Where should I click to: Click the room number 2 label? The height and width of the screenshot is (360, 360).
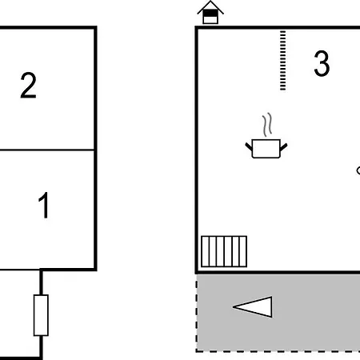click(x=28, y=86)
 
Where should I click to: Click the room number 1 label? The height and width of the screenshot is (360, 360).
click(x=44, y=205)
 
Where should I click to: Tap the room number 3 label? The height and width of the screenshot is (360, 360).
click(x=322, y=63)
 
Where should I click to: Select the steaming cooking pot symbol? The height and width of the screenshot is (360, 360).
click(x=266, y=136)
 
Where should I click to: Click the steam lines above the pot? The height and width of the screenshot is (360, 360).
click(x=267, y=125)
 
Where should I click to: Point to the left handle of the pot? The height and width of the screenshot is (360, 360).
click(x=249, y=146)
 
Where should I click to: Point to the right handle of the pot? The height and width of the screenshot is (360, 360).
click(x=284, y=147)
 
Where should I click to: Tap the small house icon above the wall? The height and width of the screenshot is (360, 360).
click(x=210, y=13)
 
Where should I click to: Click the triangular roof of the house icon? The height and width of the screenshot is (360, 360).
click(x=210, y=7)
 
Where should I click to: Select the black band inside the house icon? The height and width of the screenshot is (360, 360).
click(x=210, y=13)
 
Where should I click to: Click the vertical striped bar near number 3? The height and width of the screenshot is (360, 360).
click(x=282, y=61)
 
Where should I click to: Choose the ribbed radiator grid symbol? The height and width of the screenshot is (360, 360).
click(x=224, y=251)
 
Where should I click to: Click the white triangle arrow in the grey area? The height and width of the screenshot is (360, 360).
click(x=253, y=307)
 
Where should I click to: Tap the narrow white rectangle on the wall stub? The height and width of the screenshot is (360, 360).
click(x=41, y=315)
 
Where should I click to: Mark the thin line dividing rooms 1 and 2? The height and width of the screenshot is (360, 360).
click(x=47, y=150)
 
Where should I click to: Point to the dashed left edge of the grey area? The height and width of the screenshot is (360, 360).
click(x=197, y=314)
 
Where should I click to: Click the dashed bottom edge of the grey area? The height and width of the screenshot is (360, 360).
click(x=278, y=351)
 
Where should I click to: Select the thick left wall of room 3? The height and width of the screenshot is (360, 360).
click(x=197, y=150)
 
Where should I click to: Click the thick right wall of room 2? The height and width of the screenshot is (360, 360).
click(x=95, y=149)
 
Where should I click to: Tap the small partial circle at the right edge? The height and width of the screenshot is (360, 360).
click(x=358, y=170)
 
